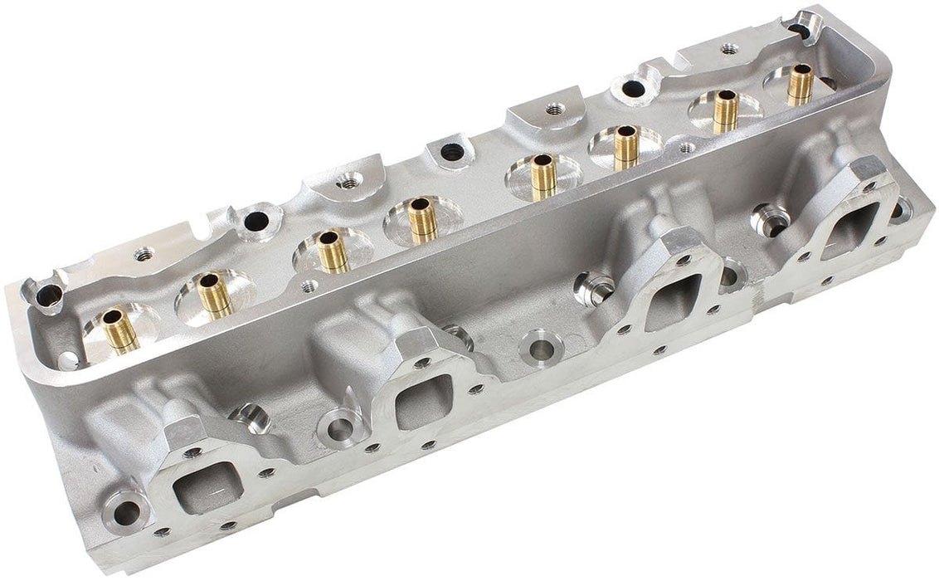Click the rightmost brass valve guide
pos(800,84)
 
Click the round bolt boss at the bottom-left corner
pos(126,512)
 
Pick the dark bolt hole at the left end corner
pos(49,293)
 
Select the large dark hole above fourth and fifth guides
pos(450,152)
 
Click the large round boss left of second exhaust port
pos(340,428)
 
